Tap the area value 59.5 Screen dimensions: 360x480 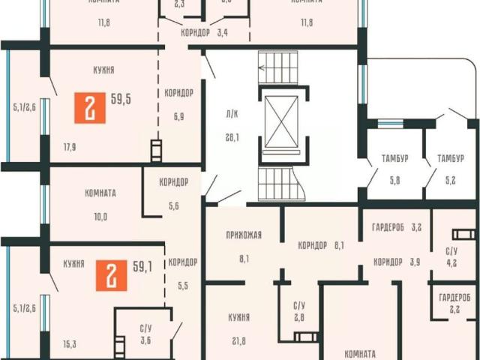(x=121, y=98)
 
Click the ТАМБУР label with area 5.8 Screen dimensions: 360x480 (x=385, y=158)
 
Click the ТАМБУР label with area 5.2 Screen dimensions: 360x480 (x=450, y=158)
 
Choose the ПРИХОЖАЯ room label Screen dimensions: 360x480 (x=244, y=235)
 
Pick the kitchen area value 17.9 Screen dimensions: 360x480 (x=70, y=147)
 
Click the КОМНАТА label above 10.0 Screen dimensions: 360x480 (x=100, y=193)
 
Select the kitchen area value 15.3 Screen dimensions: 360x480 (x=70, y=344)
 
